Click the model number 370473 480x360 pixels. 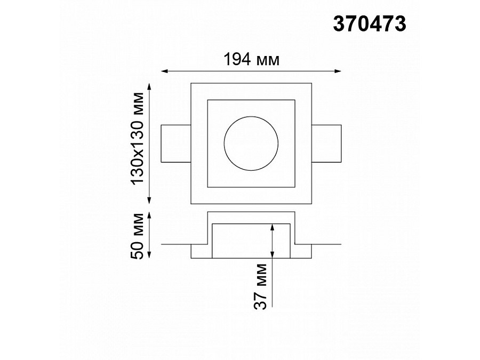pos(370,24)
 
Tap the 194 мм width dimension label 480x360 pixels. pos(252,60)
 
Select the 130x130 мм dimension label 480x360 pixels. pos(138,138)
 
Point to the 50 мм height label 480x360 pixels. pos(138,236)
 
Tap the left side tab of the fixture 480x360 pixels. pos(176,143)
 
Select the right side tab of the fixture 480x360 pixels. pos(326,143)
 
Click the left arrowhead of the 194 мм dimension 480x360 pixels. pos(164,71)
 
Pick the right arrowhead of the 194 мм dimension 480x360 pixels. pos(338,71)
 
